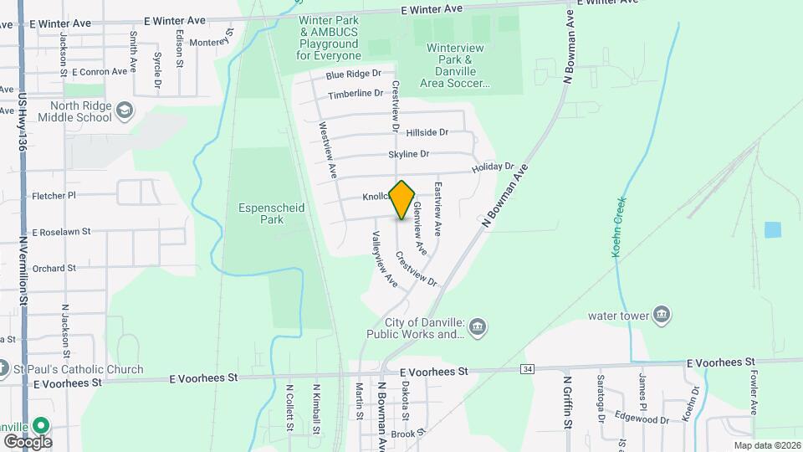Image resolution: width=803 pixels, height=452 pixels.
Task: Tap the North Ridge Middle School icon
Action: [125, 110]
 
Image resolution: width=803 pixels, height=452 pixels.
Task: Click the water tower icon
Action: [662, 315]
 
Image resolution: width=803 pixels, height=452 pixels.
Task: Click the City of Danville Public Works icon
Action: [478, 326]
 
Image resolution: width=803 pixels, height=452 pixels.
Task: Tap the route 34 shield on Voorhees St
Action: [527, 368]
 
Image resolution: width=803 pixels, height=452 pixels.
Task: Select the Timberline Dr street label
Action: [355, 94]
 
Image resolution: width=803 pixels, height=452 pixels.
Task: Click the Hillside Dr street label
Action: [427, 132]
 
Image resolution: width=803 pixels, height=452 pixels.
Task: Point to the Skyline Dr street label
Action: [408, 154]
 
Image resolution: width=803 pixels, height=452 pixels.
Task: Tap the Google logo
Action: [27, 441]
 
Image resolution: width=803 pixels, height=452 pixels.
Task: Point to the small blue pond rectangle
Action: [773, 229]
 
